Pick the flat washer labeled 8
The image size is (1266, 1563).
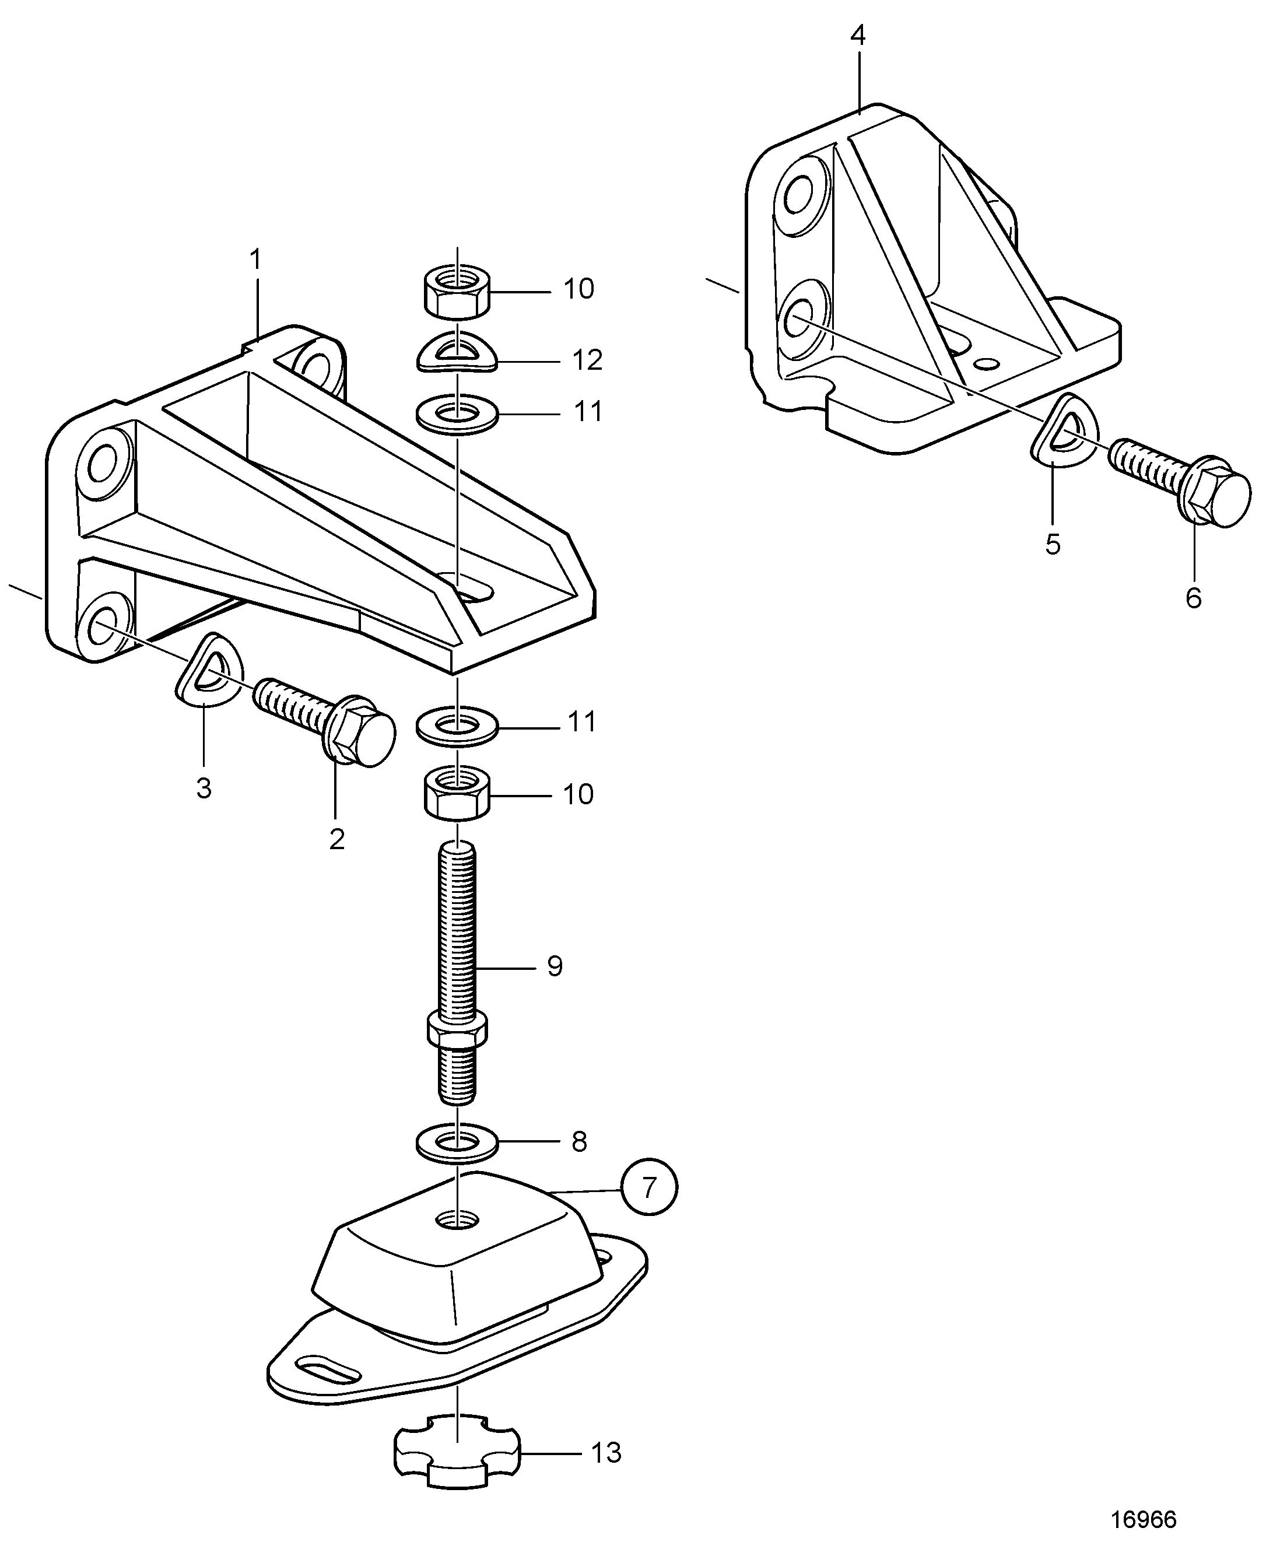[x=457, y=1141]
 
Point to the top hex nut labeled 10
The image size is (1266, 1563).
[x=457, y=292]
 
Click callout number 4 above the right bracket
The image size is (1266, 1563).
[x=858, y=36]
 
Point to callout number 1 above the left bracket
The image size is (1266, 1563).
[x=255, y=260]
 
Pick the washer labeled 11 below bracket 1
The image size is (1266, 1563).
[x=457, y=727]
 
